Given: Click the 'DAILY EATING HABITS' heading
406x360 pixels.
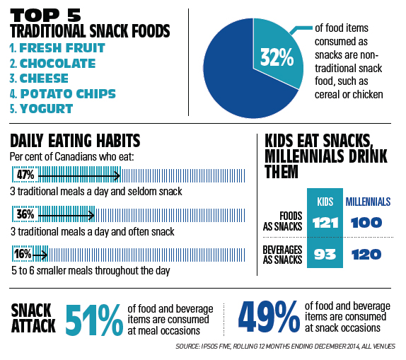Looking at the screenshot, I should pos(74,140).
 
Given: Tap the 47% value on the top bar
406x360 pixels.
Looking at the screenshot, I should pos(25,174).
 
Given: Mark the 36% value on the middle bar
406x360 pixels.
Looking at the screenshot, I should pos(25,213).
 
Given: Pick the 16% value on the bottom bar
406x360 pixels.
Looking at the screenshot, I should pos(23,252).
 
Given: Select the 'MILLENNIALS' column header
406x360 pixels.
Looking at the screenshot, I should pos(368,202).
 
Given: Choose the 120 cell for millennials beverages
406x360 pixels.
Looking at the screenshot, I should pos(367,254).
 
